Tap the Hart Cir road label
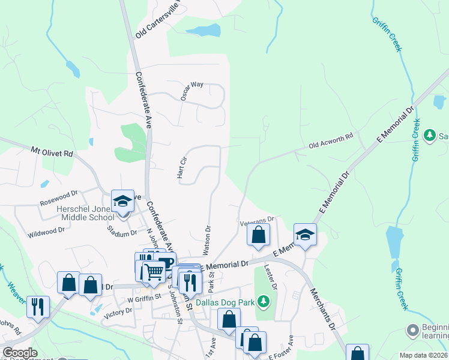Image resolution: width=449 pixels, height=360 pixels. [179, 168]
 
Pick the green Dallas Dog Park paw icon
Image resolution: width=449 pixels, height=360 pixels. [263, 299]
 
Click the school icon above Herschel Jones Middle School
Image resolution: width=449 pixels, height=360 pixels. [122, 201]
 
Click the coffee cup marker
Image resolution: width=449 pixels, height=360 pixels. [164, 263]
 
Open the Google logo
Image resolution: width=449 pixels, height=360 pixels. [20, 353]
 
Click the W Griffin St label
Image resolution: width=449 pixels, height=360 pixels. [144, 296]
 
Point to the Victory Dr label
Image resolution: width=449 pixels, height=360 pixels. [118, 311]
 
